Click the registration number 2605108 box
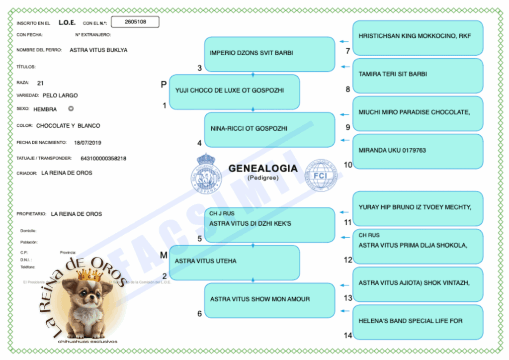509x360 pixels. point(135,22)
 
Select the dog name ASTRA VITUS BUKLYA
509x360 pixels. point(98,50)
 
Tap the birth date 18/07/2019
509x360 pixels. point(87,143)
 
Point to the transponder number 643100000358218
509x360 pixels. point(103,159)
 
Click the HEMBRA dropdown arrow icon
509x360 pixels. point(71,109)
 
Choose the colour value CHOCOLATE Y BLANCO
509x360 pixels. point(68,126)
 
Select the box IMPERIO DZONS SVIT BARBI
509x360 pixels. point(270,54)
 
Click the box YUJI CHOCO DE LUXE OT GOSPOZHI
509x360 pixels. point(234,91)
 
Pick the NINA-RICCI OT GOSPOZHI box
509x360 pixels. point(270,129)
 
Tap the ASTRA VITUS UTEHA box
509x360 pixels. point(234,262)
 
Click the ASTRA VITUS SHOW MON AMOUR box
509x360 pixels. point(270,300)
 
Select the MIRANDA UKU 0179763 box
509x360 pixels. point(418,151)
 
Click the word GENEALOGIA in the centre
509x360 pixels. point(263,169)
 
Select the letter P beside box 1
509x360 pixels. point(164,85)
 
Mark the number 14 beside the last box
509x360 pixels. point(348,336)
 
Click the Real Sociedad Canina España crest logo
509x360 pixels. point(207,174)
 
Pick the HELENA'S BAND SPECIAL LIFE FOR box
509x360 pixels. point(418,322)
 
